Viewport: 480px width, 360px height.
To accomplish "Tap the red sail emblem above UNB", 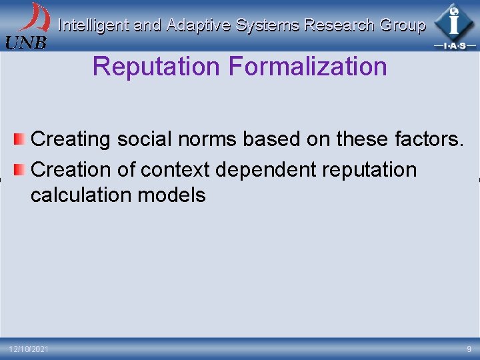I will tap(34, 17).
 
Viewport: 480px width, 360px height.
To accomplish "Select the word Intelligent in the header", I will tap(93, 25).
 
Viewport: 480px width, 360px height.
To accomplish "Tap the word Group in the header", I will tap(402, 25).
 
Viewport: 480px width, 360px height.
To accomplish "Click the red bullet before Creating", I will tap(20, 139).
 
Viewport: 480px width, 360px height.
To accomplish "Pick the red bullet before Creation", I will tap(20, 170).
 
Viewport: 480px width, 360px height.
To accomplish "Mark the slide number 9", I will tap(468, 349).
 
